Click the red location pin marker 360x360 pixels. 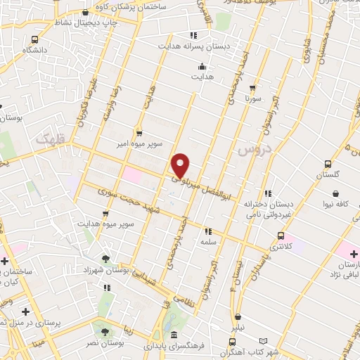coord(181,165)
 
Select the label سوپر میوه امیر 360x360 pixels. coord(139,143)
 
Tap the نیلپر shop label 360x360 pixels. coord(240,328)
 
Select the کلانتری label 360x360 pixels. coord(281,247)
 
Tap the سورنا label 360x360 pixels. coord(254,99)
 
